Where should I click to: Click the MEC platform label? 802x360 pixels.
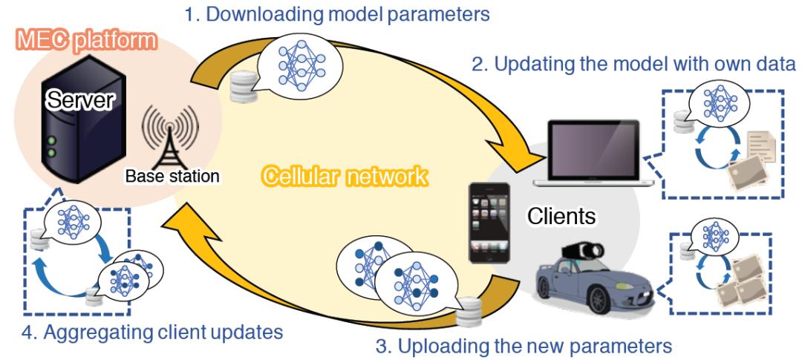(x=82, y=39)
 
